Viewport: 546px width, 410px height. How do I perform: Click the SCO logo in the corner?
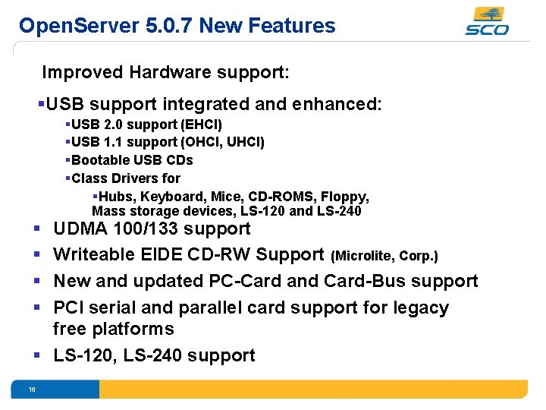tap(487, 20)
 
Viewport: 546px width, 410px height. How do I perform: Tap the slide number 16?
tap(32, 389)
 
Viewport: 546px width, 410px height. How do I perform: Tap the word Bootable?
tap(100, 160)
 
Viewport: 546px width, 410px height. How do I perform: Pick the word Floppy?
tap(345, 197)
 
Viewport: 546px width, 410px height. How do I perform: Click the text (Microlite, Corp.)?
tap(385, 256)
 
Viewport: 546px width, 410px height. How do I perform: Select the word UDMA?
tap(80, 229)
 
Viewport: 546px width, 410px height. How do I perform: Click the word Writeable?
tap(90, 255)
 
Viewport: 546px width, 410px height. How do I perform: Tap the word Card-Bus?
tap(361, 281)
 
